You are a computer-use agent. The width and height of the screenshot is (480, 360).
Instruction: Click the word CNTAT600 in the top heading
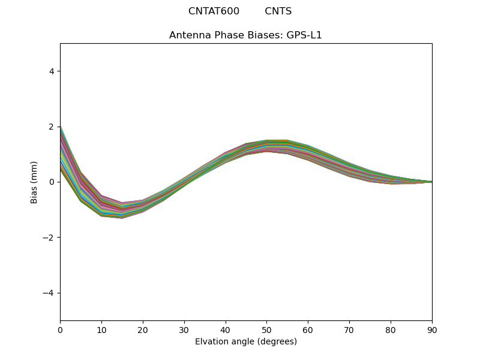214,11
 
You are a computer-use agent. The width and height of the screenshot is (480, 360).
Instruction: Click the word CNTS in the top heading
278,11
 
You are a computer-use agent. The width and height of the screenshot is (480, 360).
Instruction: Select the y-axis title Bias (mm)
35,182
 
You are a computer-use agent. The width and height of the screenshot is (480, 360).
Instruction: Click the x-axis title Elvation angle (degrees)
246,342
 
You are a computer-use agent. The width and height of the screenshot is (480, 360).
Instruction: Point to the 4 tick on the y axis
51,71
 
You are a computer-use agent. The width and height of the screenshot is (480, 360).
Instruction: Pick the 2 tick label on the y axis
51,127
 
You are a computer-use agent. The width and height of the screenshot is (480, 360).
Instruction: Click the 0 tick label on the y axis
51,182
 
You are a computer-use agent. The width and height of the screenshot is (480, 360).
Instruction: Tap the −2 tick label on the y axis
49,238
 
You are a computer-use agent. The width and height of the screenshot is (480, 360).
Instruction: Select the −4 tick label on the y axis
49,293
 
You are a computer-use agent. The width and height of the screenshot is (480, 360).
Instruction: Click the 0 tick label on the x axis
60,329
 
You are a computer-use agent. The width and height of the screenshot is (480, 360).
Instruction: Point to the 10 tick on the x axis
101,329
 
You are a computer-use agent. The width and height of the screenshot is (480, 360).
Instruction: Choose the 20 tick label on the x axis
143,329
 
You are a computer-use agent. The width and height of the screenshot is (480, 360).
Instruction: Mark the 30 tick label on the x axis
184,329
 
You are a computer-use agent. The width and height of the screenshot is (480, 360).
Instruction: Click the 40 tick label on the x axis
226,329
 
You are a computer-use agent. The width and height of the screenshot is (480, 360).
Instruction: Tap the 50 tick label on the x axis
266,329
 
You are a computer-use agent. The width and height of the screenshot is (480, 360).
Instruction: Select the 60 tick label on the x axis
308,329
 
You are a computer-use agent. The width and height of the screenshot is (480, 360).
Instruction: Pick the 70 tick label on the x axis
349,329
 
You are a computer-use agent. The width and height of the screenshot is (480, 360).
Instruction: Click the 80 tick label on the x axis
391,329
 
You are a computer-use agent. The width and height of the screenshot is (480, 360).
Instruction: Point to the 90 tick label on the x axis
432,329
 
